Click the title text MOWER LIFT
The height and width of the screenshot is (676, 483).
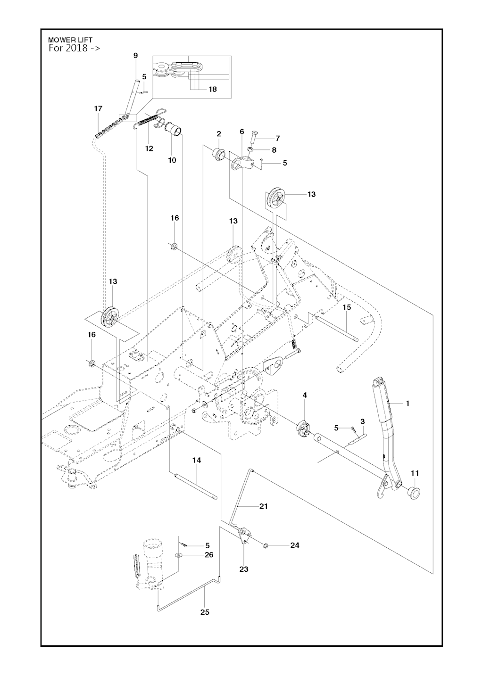(x=70, y=40)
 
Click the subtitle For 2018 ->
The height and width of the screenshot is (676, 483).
(x=74, y=48)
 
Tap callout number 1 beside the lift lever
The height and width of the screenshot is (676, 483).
(x=408, y=403)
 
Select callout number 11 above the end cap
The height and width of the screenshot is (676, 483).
(x=415, y=473)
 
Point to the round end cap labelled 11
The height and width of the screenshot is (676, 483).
(x=414, y=492)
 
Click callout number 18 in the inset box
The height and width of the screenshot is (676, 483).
(x=213, y=89)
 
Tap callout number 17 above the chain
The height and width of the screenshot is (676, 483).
(x=98, y=109)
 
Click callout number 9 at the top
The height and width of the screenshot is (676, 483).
(x=135, y=56)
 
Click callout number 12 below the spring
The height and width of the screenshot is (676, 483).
(x=149, y=148)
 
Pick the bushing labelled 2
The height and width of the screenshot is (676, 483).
(x=218, y=154)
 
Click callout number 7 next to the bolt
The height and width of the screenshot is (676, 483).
(x=277, y=138)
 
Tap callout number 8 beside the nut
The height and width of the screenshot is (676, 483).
(x=274, y=150)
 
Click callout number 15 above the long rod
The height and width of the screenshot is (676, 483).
(x=347, y=307)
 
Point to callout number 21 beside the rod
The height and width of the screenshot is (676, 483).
(x=264, y=506)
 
